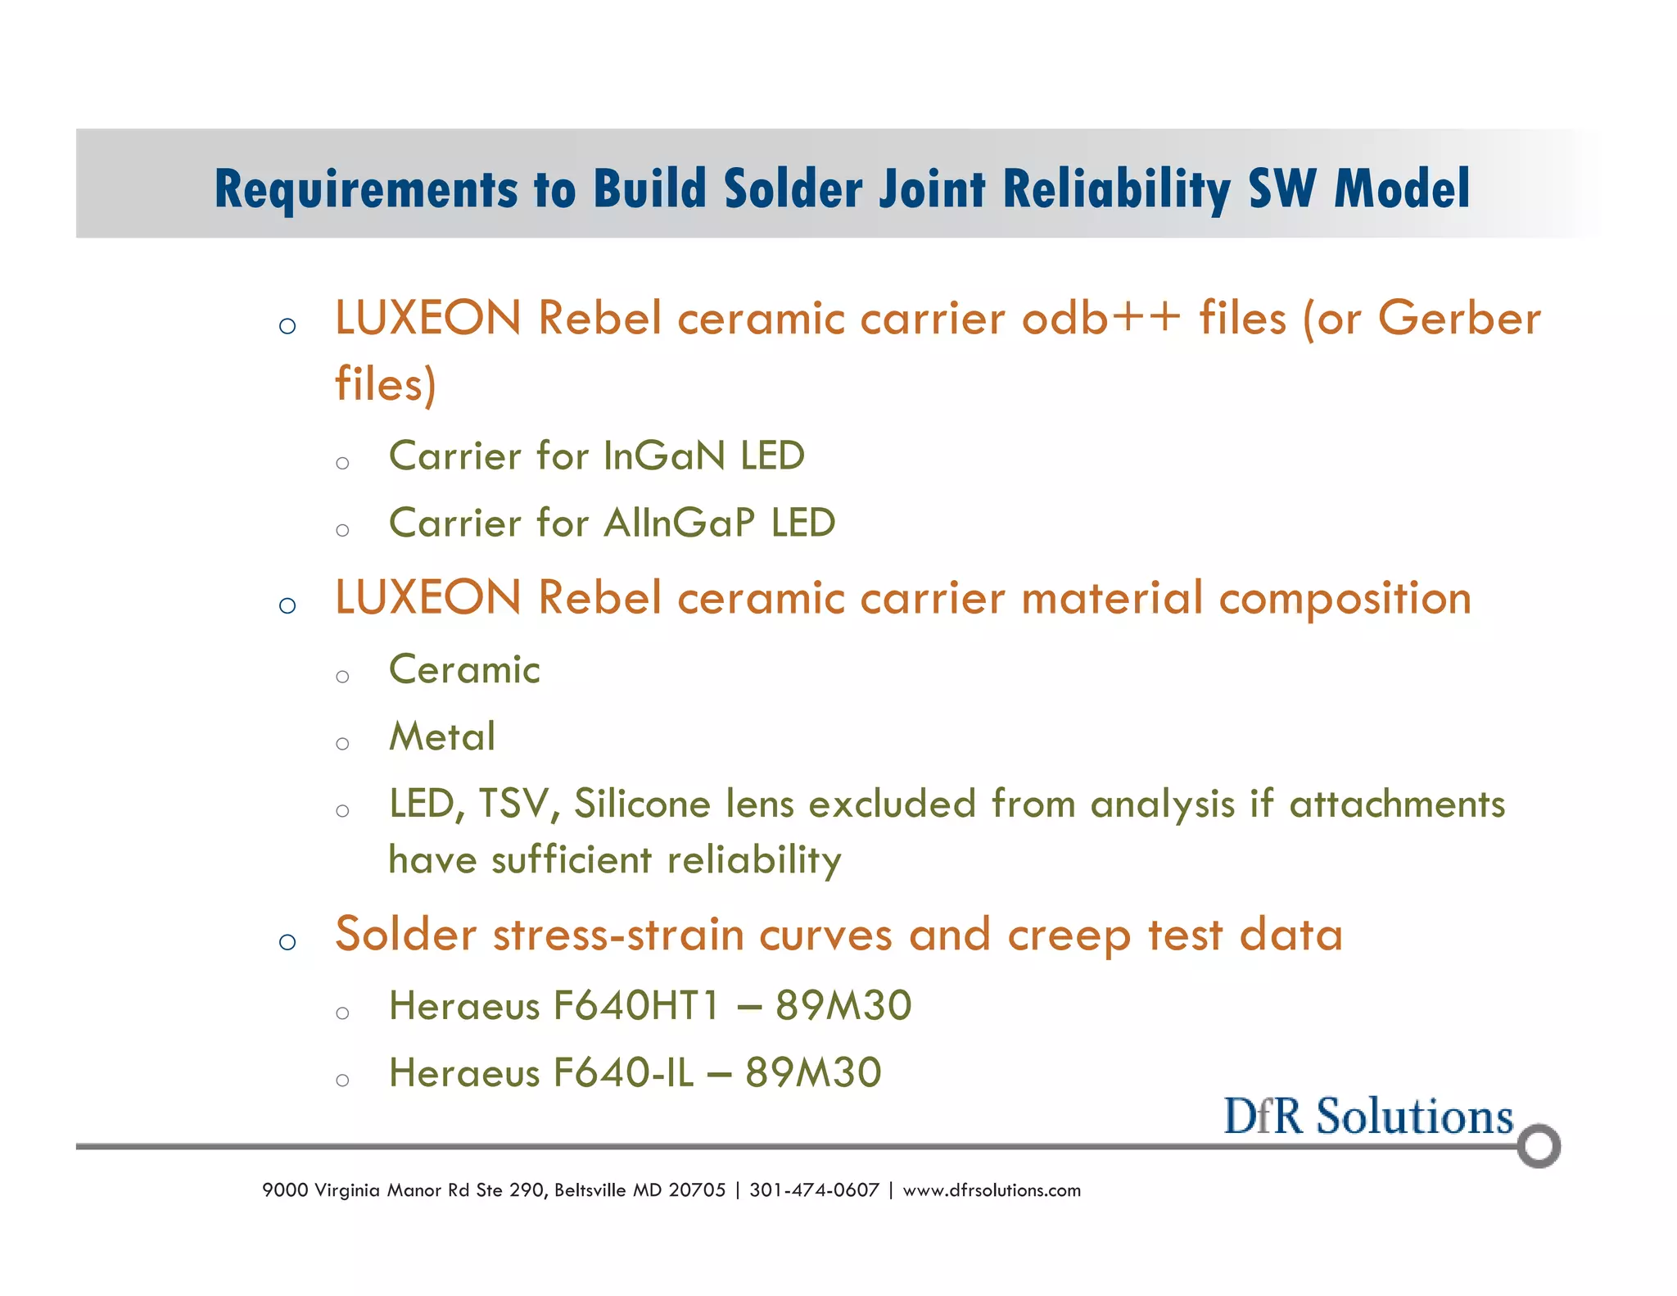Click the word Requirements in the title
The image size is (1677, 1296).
tap(366, 189)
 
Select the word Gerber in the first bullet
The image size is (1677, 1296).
tap(1459, 319)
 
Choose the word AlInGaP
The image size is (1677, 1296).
tap(680, 523)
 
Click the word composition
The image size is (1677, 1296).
tap(1345, 599)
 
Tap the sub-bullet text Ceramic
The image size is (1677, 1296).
tap(464, 670)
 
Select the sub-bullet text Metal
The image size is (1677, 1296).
tap(442, 736)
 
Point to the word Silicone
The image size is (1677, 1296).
tap(643, 804)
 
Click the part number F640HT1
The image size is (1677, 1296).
tap(636, 1006)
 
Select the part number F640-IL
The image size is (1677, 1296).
tap(623, 1073)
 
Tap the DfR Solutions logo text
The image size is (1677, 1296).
tap(1368, 1117)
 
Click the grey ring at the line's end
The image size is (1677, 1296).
tap(1539, 1146)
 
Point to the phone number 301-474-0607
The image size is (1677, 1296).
tap(814, 1190)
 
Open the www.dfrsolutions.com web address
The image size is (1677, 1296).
tap(992, 1190)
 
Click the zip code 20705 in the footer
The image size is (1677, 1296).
tap(697, 1190)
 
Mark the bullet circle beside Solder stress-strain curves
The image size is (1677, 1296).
tap(287, 942)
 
